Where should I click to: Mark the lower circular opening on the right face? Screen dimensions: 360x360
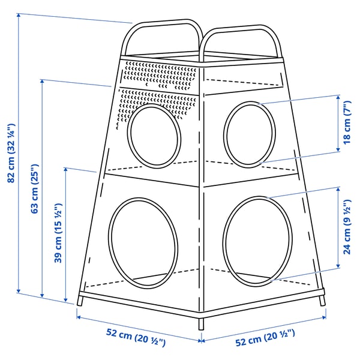tap(257, 238)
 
